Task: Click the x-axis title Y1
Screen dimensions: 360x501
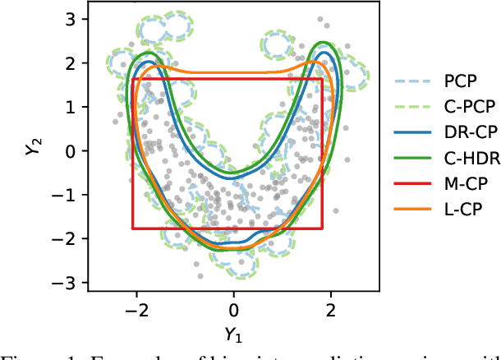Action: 234,335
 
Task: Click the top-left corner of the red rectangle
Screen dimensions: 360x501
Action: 132,78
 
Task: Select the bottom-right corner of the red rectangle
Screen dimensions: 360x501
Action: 322,228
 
